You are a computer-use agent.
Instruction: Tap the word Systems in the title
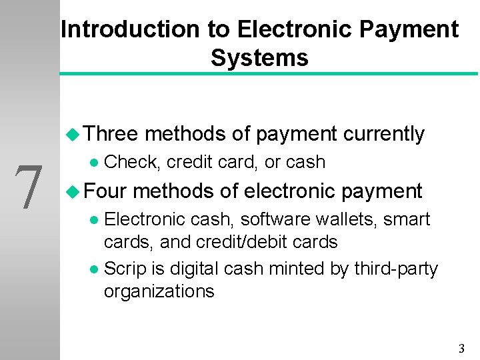(x=259, y=58)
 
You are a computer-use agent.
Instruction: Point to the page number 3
(x=461, y=348)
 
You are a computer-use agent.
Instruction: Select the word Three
(x=111, y=134)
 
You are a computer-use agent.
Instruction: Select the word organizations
(x=159, y=291)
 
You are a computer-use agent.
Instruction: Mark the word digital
(x=195, y=269)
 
